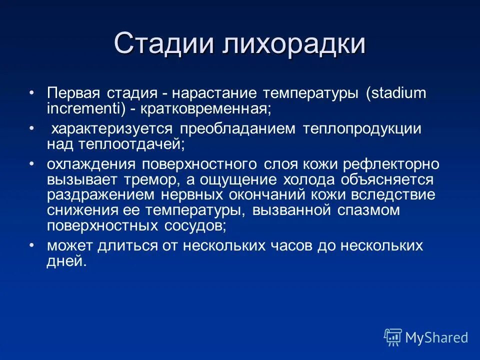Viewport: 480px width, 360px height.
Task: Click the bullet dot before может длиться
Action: (x=32, y=245)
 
